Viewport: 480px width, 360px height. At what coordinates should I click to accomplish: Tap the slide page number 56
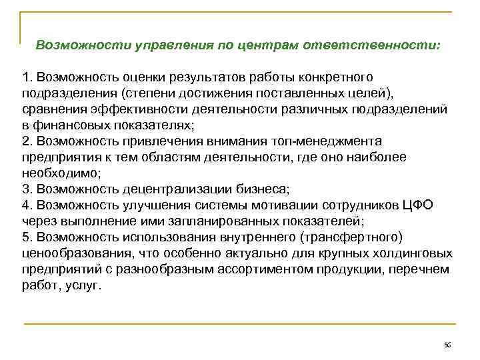pyautogui.click(x=447, y=345)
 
